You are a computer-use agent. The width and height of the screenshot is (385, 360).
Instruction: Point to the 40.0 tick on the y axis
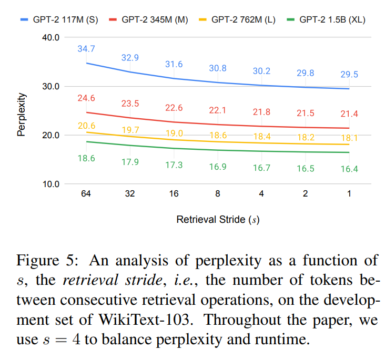pyautogui.click(x=51, y=37)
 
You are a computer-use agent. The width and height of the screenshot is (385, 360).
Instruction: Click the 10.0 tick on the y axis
pyautogui.click(x=51, y=184)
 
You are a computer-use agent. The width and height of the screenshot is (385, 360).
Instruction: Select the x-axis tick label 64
pyautogui.click(x=86, y=194)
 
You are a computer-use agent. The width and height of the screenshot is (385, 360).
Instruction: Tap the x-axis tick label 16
pyautogui.click(x=174, y=194)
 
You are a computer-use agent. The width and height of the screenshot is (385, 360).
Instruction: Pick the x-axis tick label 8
pyautogui.click(x=217, y=194)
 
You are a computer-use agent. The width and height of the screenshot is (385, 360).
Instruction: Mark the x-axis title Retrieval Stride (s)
pyautogui.click(x=218, y=220)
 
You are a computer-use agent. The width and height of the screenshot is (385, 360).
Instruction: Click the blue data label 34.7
pyautogui.click(x=86, y=49)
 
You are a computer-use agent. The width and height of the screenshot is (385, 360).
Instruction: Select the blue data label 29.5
pyautogui.click(x=349, y=75)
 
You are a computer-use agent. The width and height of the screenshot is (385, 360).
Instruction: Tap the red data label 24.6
pyautogui.click(x=86, y=98)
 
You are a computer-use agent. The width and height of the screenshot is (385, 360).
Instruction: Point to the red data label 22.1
pyautogui.click(x=218, y=110)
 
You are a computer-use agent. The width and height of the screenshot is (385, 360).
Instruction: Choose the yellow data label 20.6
pyautogui.click(x=86, y=125)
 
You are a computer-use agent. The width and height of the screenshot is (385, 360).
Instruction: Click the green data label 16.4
pyautogui.click(x=349, y=169)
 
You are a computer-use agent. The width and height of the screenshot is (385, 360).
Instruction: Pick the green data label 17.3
pyautogui.click(x=174, y=164)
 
